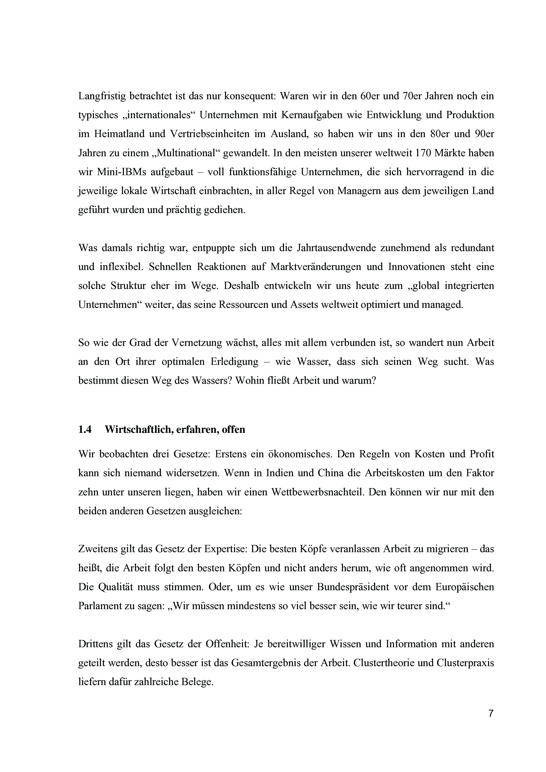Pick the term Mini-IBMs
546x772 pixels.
[121, 172]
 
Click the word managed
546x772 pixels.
[443, 305]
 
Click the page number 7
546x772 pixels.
[491, 722]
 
